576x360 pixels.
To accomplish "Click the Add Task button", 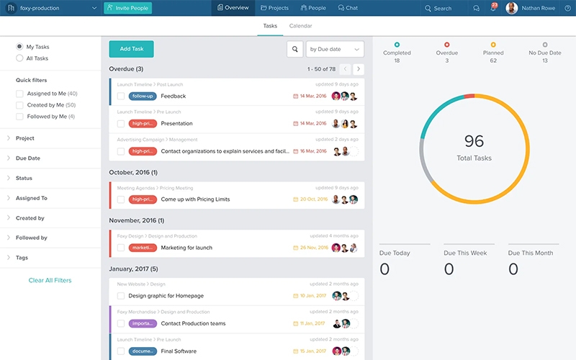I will tap(131, 49).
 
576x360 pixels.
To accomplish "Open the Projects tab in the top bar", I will tap(274, 8).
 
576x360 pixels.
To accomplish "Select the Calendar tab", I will tap(300, 26).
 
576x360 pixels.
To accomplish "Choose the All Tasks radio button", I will tap(19, 58).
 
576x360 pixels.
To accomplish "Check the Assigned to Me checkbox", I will tap(19, 94).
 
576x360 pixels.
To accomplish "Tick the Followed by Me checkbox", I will tap(19, 117).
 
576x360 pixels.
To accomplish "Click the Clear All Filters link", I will tap(50, 280).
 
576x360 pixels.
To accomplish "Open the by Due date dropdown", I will tap(335, 49).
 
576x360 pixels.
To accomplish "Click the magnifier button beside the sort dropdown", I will tap(294, 49).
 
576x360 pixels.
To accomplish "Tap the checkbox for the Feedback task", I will tap(121, 96).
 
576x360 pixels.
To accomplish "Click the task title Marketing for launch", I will tap(186, 248).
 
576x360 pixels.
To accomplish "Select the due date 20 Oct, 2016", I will tap(312, 199).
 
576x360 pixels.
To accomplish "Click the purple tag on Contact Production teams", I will tap(143, 323).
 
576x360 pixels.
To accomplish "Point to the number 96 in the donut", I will tap(474, 141).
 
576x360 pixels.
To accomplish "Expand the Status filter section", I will tap(24, 178).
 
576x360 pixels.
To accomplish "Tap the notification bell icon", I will tap(494, 8).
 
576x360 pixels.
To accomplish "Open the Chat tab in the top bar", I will tap(347, 8).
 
